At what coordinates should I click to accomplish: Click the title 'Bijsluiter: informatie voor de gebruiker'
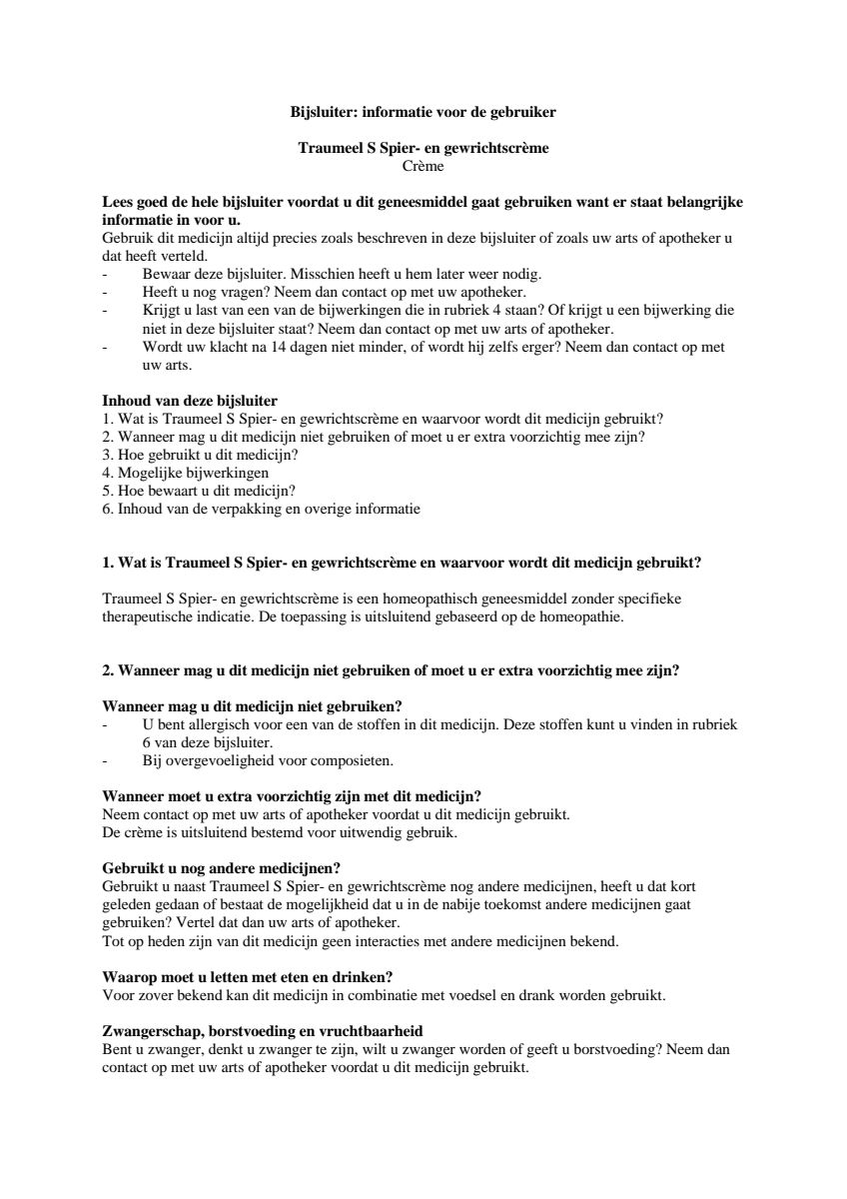point(423,112)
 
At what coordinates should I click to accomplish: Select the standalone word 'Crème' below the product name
point(423,166)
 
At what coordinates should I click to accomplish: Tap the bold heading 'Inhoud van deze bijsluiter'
point(190,401)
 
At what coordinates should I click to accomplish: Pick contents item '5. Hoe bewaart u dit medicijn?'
point(200,491)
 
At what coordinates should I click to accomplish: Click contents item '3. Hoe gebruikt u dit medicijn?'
point(200,455)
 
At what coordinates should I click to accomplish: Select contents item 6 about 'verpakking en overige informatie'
point(261,509)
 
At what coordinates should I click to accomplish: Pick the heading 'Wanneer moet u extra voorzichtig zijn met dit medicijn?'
point(293,796)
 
